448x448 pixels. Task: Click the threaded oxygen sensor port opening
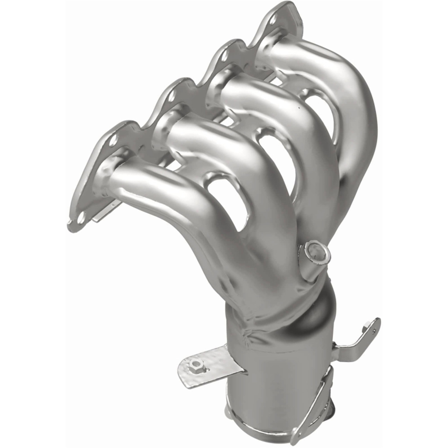[x=317, y=253]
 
